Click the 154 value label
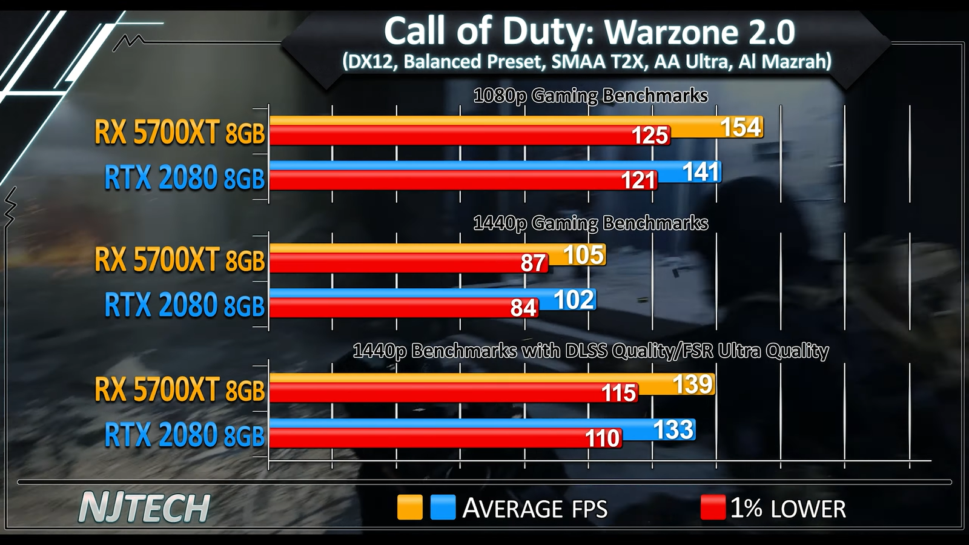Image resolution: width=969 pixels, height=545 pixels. pyautogui.click(x=740, y=127)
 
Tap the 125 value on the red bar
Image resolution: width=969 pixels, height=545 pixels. pyautogui.click(x=650, y=136)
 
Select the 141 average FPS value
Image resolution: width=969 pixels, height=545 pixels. pyautogui.click(x=701, y=172)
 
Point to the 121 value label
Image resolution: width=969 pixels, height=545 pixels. pyautogui.click(x=638, y=180)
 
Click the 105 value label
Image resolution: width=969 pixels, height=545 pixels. pyautogui.click(x=584, y=255)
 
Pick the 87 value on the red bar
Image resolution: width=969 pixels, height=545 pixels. pyautogui.click(x=534, y=263)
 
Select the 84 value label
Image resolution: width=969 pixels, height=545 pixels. pyautogui.click(x=523, y=308)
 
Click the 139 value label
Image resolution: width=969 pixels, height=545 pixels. pyautogui.click(x=693, y=385)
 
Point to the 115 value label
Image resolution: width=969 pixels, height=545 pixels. pyautogui.click(x=618, y=393)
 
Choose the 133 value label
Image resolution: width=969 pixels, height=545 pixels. pyautogui.click(x=673, y=430)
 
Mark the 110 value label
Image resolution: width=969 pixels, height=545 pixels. pyautogui.click(x=603, y=438)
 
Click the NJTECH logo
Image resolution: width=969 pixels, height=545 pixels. pyautogui.click(x=144, y=508)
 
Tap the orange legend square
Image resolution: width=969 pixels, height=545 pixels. pyautogui.click(x=409, y=507)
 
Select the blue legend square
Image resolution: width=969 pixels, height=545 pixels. pyautogui.click(x=443, y=507)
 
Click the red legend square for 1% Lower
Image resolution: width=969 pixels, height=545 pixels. pyautogui.click(x=713, y=507)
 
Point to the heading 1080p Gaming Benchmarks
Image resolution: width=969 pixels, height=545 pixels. pyautogui.click(x=590, y=96)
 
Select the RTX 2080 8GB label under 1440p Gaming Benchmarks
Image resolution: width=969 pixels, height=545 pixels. pyautogui.click(x=184, y=305)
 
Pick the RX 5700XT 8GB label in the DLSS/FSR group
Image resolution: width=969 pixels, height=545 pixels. pyautogui.click(x=179, y=389)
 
